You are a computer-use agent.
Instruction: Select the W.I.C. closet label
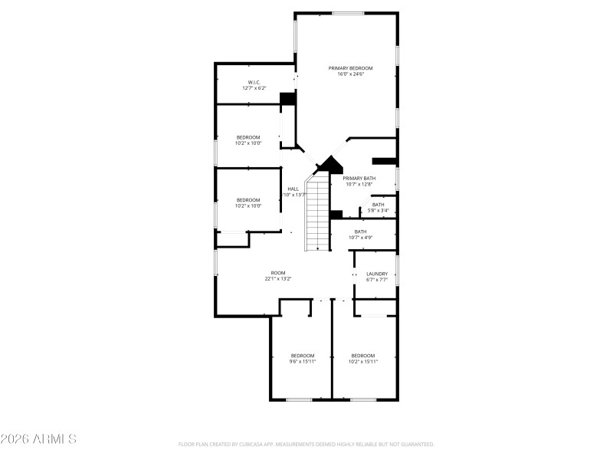tap(254, 82)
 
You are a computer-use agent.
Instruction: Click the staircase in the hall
tap(317, 215)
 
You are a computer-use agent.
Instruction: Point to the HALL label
tap(293, 189)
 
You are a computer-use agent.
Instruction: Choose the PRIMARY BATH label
tap(359, 178)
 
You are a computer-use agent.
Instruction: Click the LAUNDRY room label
tap(376, 274)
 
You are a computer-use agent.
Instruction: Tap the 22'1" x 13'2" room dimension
tap(278, 279)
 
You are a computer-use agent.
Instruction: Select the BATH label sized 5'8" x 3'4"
tap(379, 205)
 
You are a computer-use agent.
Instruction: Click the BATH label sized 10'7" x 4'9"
tap(360, 232)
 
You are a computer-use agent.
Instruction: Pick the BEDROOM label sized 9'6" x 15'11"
tap(303, 355)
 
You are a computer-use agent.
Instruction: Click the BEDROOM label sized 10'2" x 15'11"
tap(363, 355)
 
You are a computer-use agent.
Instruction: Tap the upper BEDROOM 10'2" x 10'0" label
tap(248, 137)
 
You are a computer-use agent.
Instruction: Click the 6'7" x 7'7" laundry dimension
tap(376, 280)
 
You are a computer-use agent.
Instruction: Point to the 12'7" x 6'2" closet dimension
tap(254, 88)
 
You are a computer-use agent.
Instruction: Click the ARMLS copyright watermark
tap(38, 439)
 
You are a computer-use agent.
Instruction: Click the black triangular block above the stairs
tap(330, 163)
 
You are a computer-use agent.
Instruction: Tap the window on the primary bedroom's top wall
tap(348, 13)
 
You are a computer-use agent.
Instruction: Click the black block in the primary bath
tap(384, 161)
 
